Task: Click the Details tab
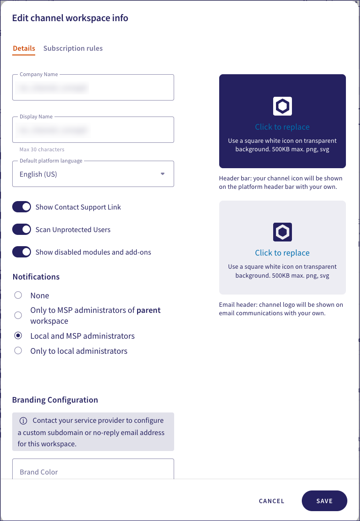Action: (x=24, y=48)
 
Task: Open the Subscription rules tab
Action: (x=73, y=48)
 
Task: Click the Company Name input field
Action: (x=93, y=88)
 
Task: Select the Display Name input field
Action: (x=93, y=130)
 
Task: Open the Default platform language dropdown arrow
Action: (x=163, y=174)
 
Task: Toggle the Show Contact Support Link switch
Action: (x=22, y=207)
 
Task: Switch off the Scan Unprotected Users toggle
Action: (x=22, y=230)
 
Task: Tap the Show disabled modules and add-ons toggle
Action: (x=22, y=252)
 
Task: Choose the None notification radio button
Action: (x=18, y=295)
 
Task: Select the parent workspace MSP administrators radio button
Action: (x=18, y=315)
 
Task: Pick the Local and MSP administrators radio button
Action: (x=18, y=336)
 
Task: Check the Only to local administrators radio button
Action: (x=18, y=351)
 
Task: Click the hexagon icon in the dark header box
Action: (x=283, y=107)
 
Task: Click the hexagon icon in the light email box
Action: (x=283, y=232)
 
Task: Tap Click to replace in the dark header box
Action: (x=282, y=127)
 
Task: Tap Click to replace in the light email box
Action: (x=282, y=253)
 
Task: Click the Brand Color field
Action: (x=93, y=471)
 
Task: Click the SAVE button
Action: (x=324, y=501)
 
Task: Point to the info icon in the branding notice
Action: (x=23, y=420)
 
